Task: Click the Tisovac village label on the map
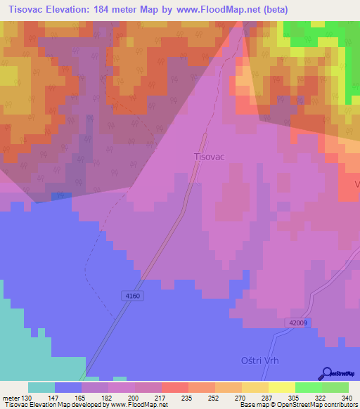209,157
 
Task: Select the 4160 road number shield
133,296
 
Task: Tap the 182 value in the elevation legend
108,398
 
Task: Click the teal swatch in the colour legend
41,387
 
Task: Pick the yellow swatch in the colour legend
281,387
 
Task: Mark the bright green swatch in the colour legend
308,387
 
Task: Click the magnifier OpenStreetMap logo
326,373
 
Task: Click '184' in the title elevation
114,9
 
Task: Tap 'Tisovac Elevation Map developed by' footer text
51,405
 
